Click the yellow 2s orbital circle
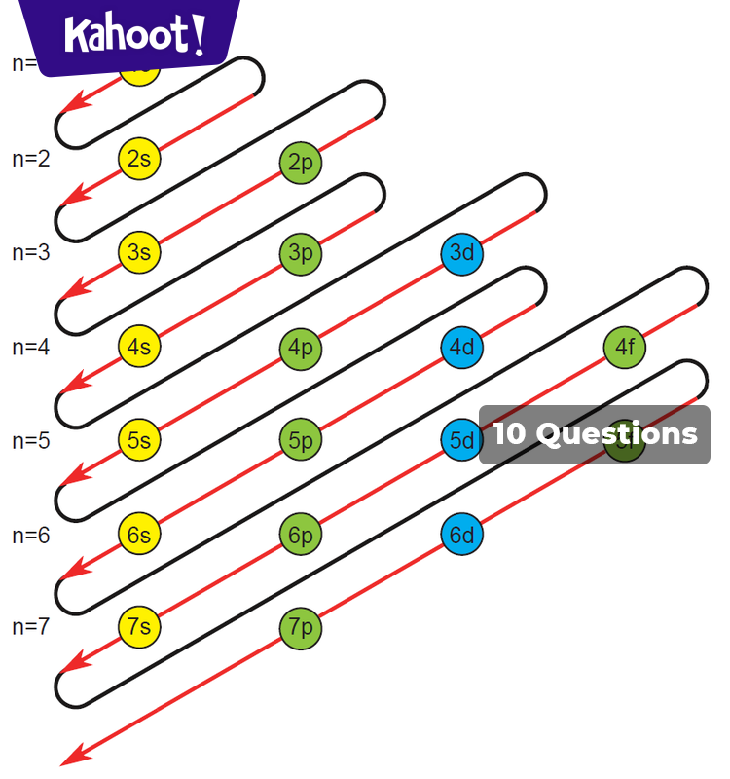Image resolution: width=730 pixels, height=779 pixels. tap(139, 159)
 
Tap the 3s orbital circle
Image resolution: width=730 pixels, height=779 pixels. tap(139, 252)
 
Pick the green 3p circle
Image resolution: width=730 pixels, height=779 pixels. tap(300, 253)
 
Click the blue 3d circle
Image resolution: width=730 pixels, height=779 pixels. tap(462, 253)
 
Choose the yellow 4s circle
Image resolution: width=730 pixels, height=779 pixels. tap(139, 346)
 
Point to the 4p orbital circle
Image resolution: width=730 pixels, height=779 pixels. tap(300, 347)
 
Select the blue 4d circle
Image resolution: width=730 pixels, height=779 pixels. tap(462, 347)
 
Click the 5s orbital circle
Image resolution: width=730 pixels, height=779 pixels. tap(139, 439)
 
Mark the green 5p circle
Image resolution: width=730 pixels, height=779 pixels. tap(300, 440)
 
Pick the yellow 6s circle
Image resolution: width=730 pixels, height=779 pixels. tap(139, 534)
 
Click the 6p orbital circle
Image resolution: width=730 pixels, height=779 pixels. tap(300, 534)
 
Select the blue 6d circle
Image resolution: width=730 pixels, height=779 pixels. tap(462, 535)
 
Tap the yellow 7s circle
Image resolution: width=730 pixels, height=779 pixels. tap(139, 626)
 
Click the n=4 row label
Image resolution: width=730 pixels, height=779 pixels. tap(31, 347)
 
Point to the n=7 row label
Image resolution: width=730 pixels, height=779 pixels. tap(31, 627)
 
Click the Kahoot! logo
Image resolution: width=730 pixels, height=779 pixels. tap(134, 35)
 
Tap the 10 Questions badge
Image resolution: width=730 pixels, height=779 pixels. tap(595, 434)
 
